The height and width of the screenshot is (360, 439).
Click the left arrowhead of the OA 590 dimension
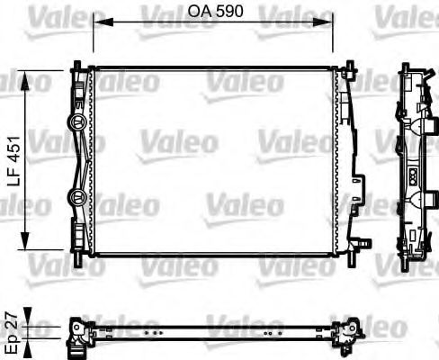(96, 23)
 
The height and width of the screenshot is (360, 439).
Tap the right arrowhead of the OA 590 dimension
(334, 23)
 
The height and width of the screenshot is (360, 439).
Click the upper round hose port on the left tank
(76, 121)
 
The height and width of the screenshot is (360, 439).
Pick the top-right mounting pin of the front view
(343, 63)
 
